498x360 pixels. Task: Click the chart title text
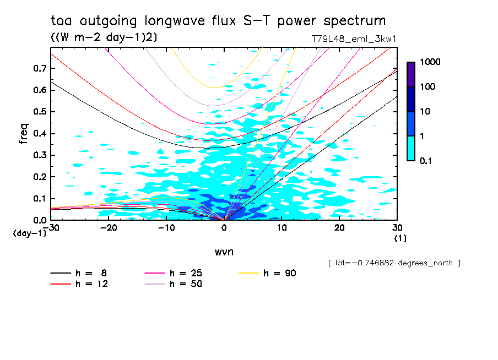click(x=218, y=21)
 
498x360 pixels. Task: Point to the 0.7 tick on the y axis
click(x=39, y=68)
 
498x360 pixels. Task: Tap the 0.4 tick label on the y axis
click(x=39, y=134)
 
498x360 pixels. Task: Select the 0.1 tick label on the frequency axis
click(x=39, y=199)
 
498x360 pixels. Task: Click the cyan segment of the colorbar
click(x=411, y=148)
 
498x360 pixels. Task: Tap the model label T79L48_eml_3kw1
click(x=354, y=39)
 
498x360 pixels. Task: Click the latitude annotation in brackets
click(x=393, y=263)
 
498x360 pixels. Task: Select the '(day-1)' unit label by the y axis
click(x=28, y=233)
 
